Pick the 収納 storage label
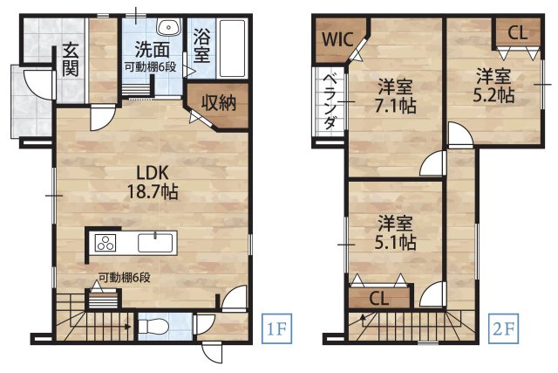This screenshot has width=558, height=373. [x=220, y=102]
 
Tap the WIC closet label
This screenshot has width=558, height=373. [x=333, y=39]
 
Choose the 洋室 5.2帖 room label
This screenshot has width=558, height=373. [x=494, y=83]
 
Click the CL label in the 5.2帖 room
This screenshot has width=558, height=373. [x=516, y=33]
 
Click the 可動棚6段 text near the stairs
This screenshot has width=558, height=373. [x=125, y=279]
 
